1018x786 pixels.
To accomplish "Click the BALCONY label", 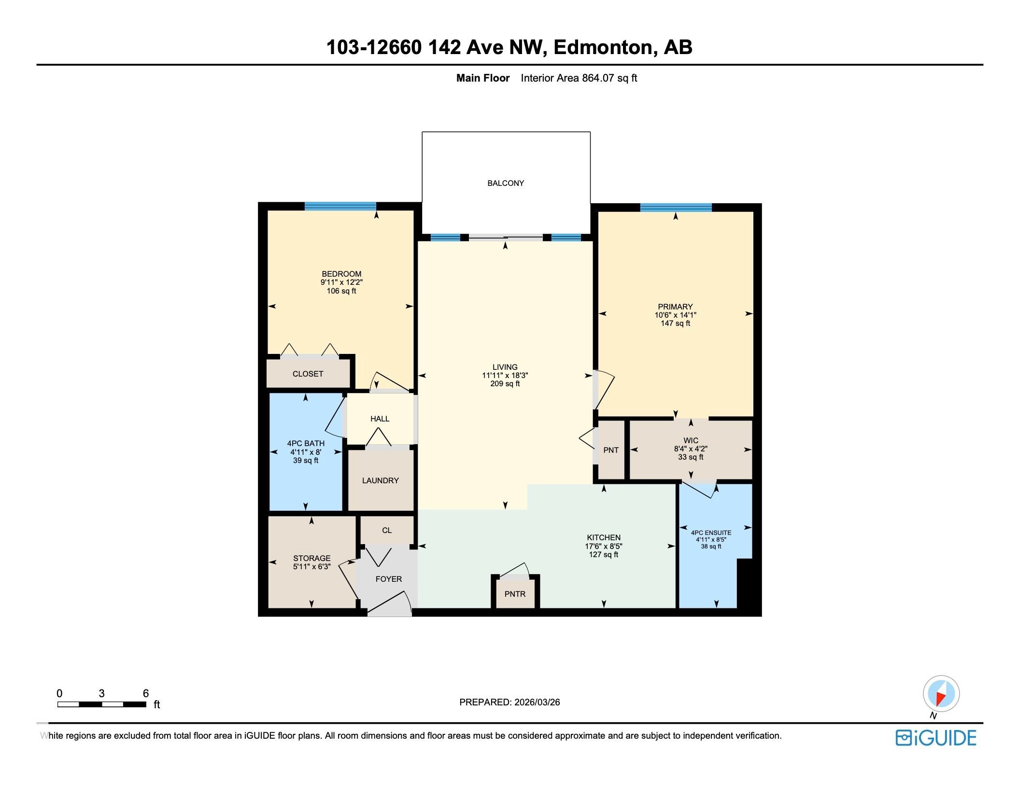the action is pos(505,183).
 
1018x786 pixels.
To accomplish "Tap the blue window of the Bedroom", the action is pos(340,206).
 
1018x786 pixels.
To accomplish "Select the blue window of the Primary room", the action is pos(676,208).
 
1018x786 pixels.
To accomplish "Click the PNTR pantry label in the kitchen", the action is pos(515,594).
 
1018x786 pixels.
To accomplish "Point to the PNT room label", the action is pos(611,450).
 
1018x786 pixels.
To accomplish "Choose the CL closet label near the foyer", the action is pos(387,530).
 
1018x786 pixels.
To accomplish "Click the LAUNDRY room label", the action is pos(381,480).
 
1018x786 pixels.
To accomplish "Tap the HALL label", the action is pos(380,419).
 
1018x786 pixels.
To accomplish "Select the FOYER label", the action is pos(389,579).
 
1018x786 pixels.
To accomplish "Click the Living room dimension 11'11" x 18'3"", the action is pos(505,375).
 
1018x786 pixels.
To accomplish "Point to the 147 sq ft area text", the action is pos(675,323).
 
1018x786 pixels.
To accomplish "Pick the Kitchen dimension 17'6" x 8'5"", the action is pos(604,546).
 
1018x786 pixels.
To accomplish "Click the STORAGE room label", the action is pos(311,558).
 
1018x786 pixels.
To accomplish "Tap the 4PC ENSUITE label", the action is pos(711,533).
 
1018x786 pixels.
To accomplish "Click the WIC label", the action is pos(691,440).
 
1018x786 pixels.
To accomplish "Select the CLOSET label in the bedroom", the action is pos(308,374).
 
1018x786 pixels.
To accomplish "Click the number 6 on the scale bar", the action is pos(146,693).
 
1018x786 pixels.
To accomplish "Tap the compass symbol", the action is pos(941,694).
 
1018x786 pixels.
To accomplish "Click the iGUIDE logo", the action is pos(935,738).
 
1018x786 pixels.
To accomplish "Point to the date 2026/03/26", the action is pos(537,702).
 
